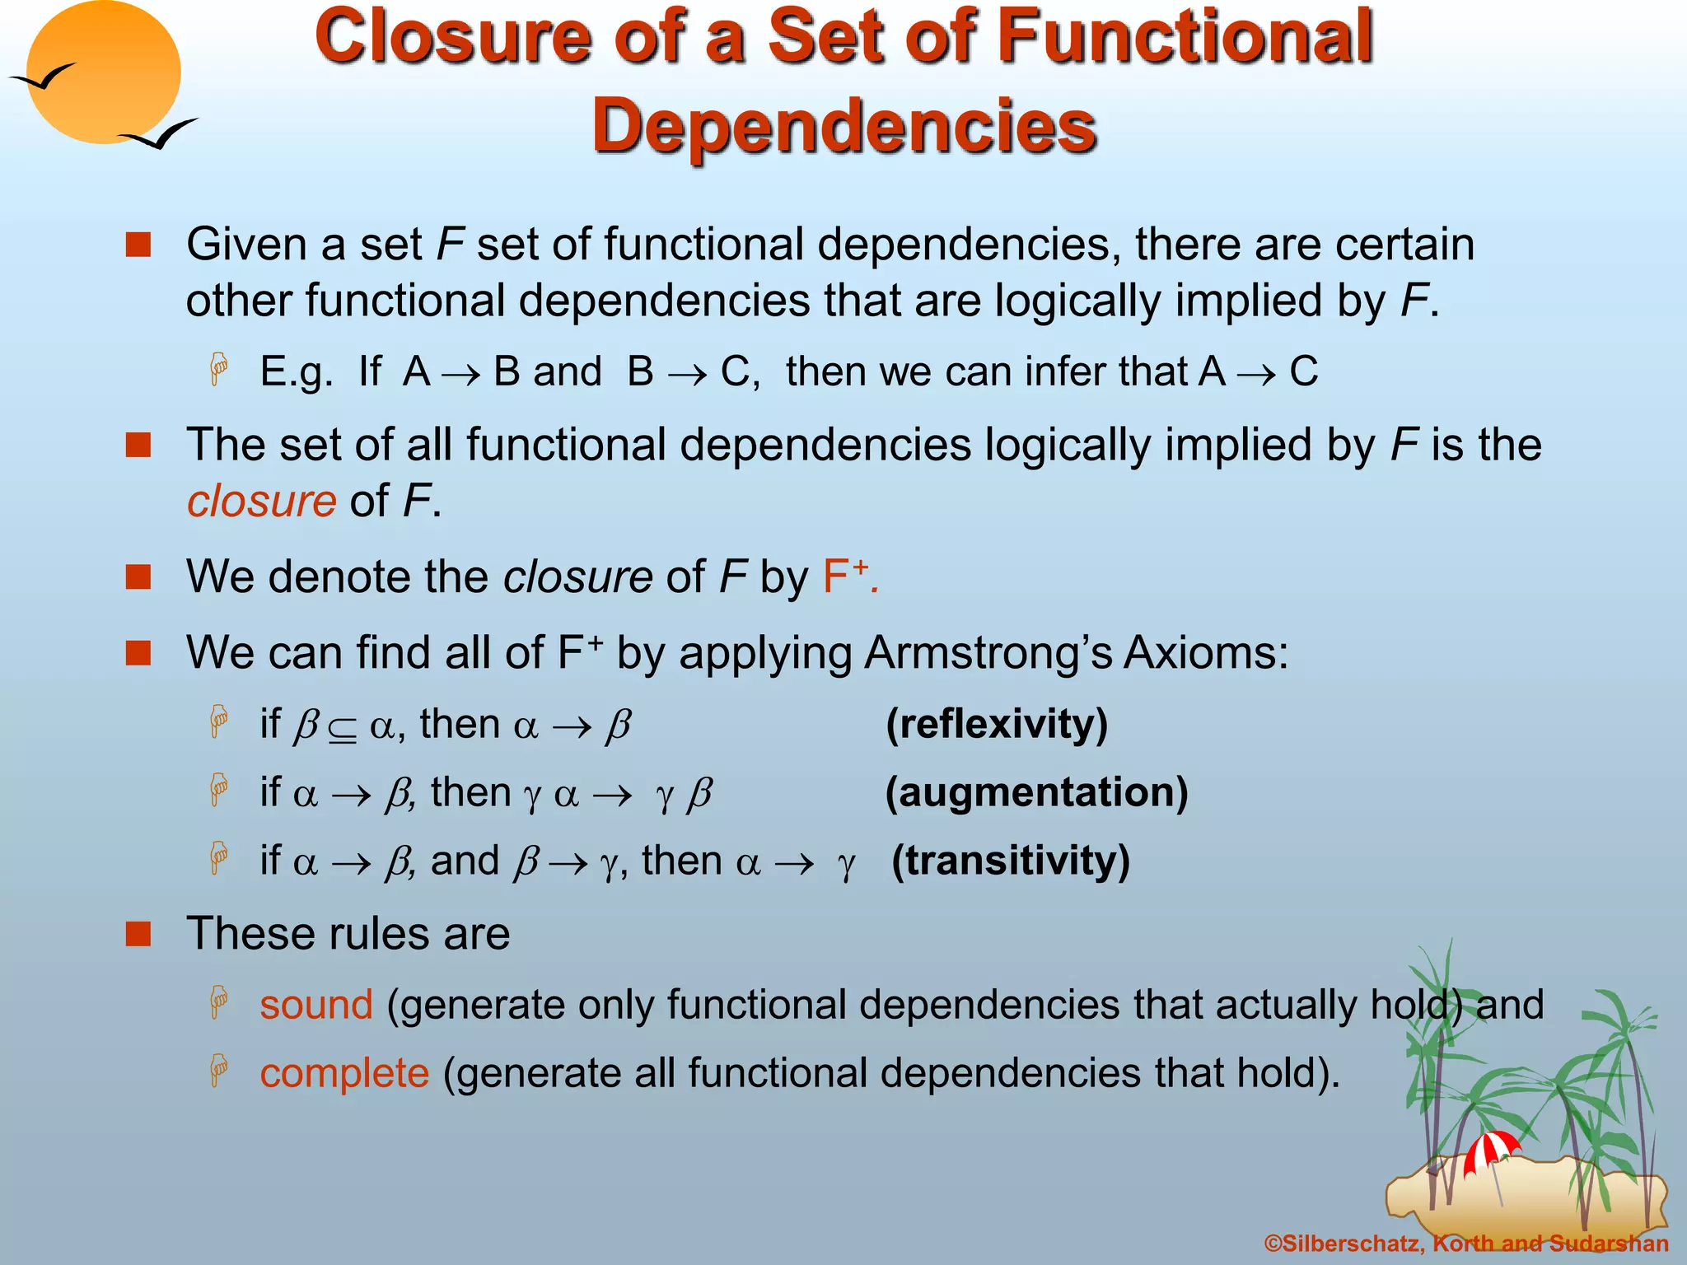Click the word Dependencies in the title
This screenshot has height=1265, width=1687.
pos(843,126)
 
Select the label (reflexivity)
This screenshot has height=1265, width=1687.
pos(997,724)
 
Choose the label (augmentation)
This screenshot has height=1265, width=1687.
pos(1036,792)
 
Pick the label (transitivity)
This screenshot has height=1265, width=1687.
pos(1011,861)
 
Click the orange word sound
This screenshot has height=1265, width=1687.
pos(316,1005)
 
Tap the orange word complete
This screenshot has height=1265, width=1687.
pos(344,1073)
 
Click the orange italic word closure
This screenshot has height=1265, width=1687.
pos(261,501)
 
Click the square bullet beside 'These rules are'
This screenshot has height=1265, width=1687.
pos(138,934)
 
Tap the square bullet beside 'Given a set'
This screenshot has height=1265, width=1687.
pos(138,245)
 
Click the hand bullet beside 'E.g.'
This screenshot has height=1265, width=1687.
pos(218,370)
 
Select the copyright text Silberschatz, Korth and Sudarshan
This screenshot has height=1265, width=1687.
pos(1466,1244)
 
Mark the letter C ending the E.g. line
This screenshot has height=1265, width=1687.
pos(1303,371)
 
